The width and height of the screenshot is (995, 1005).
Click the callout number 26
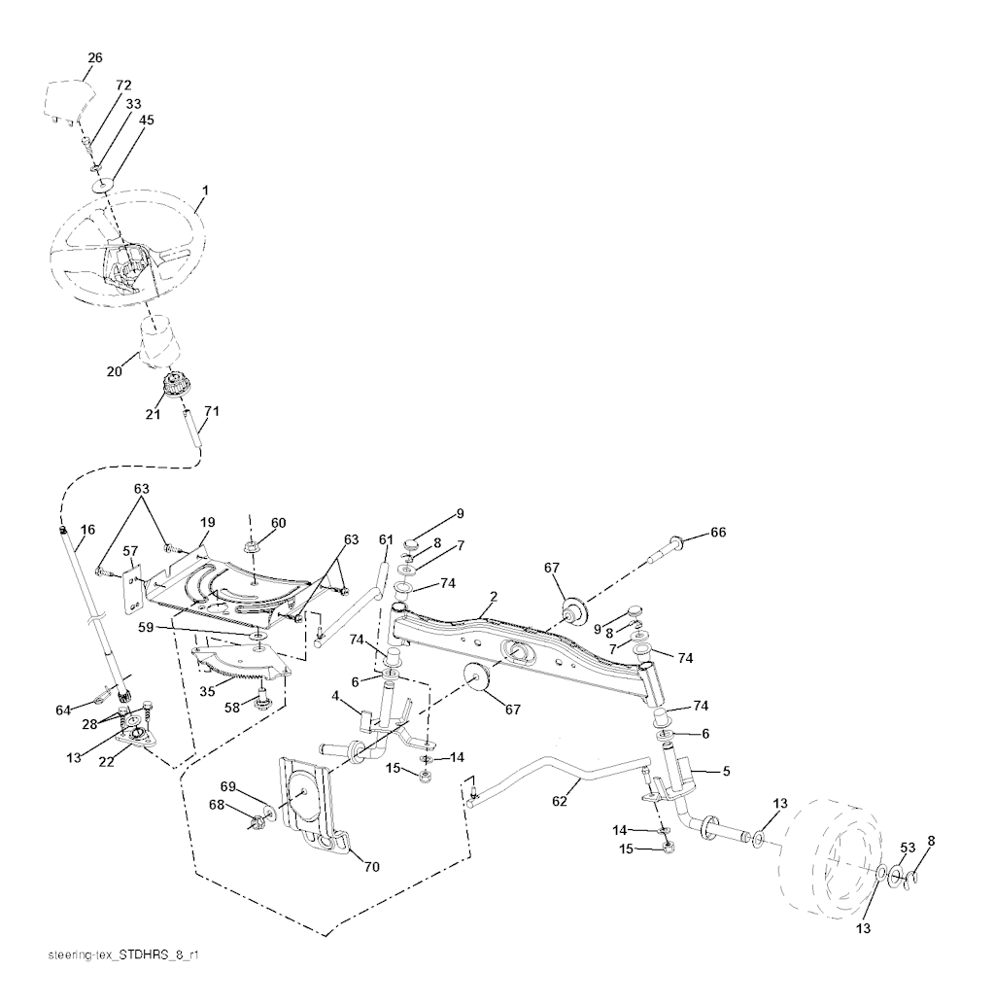(94, 58)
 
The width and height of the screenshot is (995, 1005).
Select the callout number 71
(211, 411)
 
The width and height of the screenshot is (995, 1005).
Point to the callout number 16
(87, 530)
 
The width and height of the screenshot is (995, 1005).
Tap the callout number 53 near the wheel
(907, 848)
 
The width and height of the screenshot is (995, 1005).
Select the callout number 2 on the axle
(494, 596)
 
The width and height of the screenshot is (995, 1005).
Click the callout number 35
(207, 692)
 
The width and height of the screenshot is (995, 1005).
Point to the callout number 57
(131, 551)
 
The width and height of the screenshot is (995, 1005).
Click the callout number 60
(279, 523)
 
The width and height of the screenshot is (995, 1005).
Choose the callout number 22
(108, 761)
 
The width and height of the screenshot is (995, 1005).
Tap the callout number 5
(726, 771)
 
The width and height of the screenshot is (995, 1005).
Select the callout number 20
(114, 370)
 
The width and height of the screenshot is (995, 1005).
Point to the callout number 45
(146, 121)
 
